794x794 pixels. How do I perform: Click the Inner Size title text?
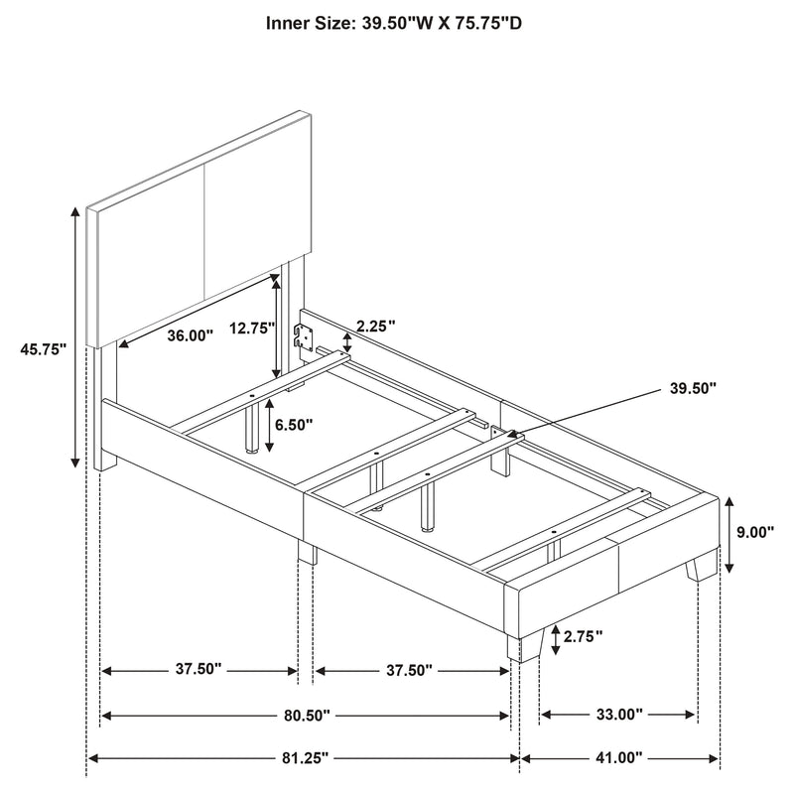[395, 21]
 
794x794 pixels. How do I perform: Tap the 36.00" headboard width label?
[190, 335]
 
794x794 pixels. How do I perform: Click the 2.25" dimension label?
[377, 325]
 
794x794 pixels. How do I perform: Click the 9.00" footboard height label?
[755, 532]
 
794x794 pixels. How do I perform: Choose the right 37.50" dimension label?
[409, 670]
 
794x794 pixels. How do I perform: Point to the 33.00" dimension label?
[619, 714]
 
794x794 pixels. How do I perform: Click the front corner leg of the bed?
[523, 645]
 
